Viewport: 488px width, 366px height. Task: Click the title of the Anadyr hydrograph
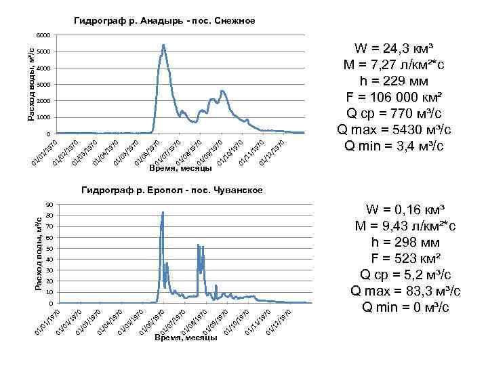pos(165,21)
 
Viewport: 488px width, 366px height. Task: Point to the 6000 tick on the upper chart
pos(43,35)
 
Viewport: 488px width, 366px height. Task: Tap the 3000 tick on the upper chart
pos(43,85)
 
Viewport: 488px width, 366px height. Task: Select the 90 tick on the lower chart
pos(50,205)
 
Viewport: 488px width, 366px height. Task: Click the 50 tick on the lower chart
pos(50,249)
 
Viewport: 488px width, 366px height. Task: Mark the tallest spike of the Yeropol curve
pos(163,212)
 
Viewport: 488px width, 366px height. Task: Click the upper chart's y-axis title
pos(30,81)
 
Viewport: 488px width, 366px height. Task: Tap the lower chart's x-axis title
pos(185,337)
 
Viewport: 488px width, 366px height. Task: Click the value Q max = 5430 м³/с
pos(394,129)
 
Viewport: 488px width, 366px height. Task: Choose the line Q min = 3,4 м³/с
pos(394,146)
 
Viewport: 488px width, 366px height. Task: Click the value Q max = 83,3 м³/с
pos(405,291)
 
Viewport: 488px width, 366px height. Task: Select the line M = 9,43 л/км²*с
pos(405,226)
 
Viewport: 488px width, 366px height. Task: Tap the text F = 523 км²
pos(405,258)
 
